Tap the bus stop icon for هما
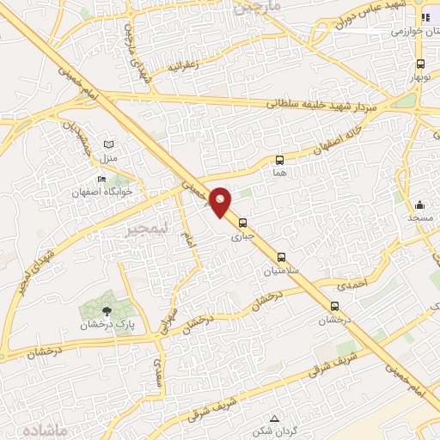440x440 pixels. point(279,160)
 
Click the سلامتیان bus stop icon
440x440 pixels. point(281,257)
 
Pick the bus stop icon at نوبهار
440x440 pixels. point(420,64)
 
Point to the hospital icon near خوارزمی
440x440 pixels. point(425,18)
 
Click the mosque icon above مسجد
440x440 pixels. point(419,205)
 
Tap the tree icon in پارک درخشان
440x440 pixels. point(107,312)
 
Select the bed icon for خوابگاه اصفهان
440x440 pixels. point(102,180)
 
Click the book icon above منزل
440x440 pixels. point(107,145)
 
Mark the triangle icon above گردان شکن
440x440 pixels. point(274,418)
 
